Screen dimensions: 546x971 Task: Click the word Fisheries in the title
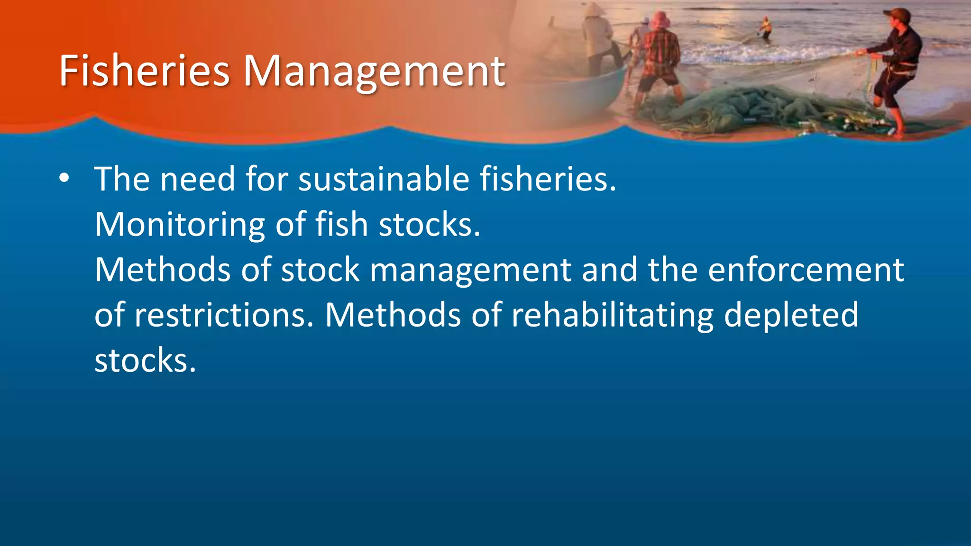[144, 71]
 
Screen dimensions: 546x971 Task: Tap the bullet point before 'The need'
[64, 179]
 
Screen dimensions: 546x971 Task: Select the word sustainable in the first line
[384, 179]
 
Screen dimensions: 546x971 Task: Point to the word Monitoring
[180, 225]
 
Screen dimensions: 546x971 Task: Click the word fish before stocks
[341, 224]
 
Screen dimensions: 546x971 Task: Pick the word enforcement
[806, 270]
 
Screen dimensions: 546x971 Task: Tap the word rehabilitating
[612, 315]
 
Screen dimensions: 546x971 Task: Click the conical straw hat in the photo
[593, 9]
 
